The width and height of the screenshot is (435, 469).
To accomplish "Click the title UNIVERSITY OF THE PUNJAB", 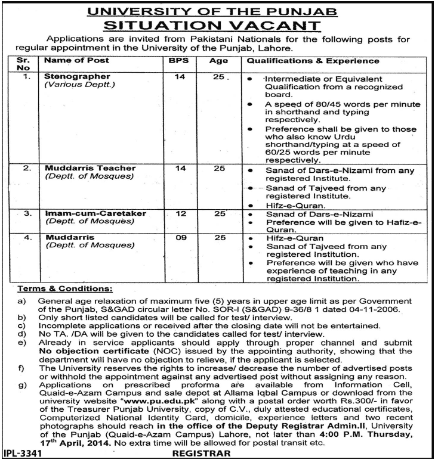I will (x=217, y=10).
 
